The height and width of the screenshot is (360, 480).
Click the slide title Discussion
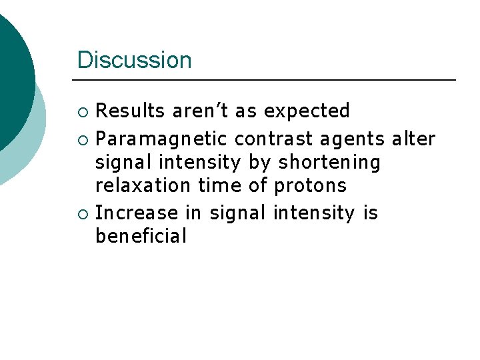click(x=134, y=60)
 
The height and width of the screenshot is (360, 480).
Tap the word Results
click(x=130, y=111)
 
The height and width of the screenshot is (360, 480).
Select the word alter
click(x=413, y=139)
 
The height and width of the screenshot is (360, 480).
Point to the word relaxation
click(x=143, y=185)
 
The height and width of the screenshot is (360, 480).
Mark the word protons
click(x=310, y=185)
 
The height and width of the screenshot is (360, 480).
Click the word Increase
click(x=137, y=213)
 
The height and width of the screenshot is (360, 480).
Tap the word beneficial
click(x=141, y=236)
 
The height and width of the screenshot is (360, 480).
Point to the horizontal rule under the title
click(x=267, y=80)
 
